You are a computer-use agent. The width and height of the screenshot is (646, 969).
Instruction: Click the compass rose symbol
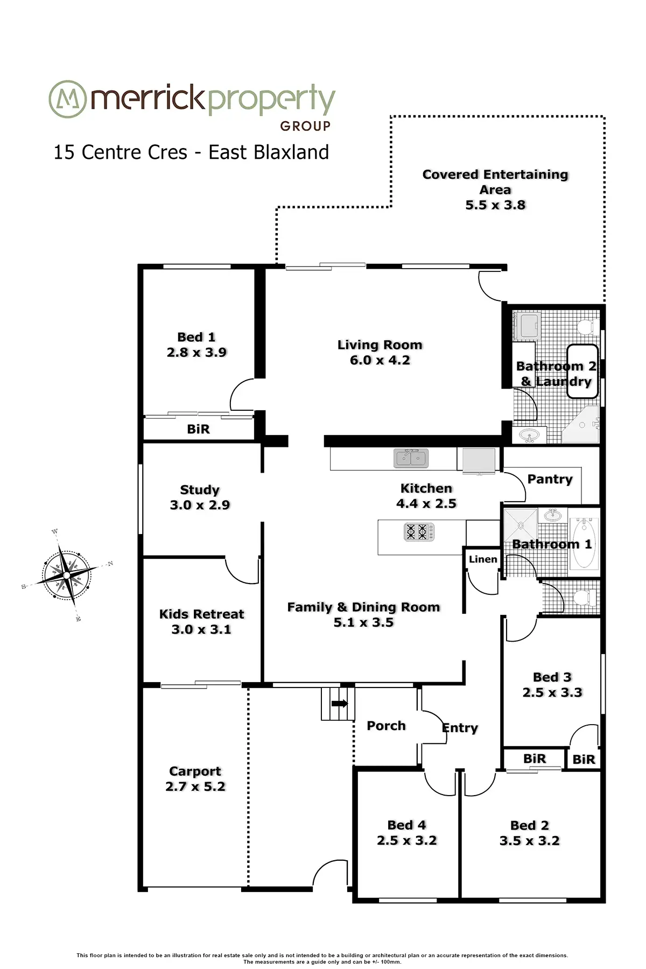(66, 575)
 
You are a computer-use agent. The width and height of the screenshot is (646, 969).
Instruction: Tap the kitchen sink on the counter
(411, 458)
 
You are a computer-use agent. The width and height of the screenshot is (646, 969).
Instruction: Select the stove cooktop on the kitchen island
(419, 532)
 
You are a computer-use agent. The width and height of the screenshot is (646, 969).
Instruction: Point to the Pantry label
(550, 479)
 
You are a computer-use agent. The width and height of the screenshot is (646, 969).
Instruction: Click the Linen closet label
(482, 559)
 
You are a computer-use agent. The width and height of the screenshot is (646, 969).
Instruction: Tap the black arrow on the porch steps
(340, 703)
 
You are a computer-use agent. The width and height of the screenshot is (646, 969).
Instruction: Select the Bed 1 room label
(196, 337)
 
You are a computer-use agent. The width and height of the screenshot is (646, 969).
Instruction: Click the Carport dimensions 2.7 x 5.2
(195, 787)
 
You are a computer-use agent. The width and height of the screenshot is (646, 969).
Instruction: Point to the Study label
(200, 490)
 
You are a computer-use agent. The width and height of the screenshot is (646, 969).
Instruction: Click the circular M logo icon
(67, 99)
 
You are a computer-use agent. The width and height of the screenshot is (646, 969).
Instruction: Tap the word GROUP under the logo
(305, 126)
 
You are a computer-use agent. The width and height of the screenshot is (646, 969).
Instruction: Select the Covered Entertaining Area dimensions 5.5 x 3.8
(495, 205)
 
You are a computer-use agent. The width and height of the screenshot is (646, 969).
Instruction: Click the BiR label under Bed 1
(198, 429)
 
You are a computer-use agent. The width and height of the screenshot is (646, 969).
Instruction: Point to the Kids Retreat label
(201, 614)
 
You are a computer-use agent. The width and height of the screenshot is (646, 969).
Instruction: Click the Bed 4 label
(406, 825)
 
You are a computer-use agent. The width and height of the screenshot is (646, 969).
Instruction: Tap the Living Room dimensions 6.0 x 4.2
(380, 360)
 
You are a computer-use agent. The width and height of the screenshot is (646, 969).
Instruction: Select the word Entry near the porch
(460, 728)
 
